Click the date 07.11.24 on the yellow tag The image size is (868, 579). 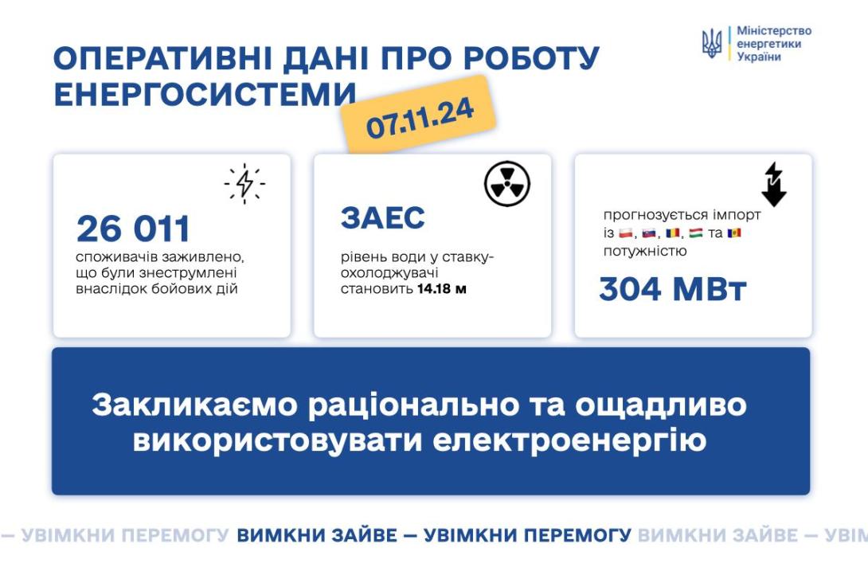[420, 118]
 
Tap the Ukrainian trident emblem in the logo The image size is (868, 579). [711, 43]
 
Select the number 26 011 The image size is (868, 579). [134, 229]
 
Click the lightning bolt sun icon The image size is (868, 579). [244, 183]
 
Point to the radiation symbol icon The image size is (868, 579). [507, 184]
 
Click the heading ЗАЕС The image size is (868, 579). [383, 217]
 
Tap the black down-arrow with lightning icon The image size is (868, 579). [774, 184]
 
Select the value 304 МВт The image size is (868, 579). [673, 289]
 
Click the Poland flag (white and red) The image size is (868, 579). [626, 233]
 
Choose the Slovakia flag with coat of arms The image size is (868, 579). [649, 233]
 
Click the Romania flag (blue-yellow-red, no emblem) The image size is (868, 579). [673, 233]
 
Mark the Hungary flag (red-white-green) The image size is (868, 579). [696, 233]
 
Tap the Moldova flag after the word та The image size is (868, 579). [734, 233]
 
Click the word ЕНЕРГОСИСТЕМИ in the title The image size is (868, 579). [205, 94]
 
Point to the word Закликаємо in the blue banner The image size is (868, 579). [195, 405]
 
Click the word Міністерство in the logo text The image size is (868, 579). [774, 31]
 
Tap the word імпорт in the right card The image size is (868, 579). [737, 215]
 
